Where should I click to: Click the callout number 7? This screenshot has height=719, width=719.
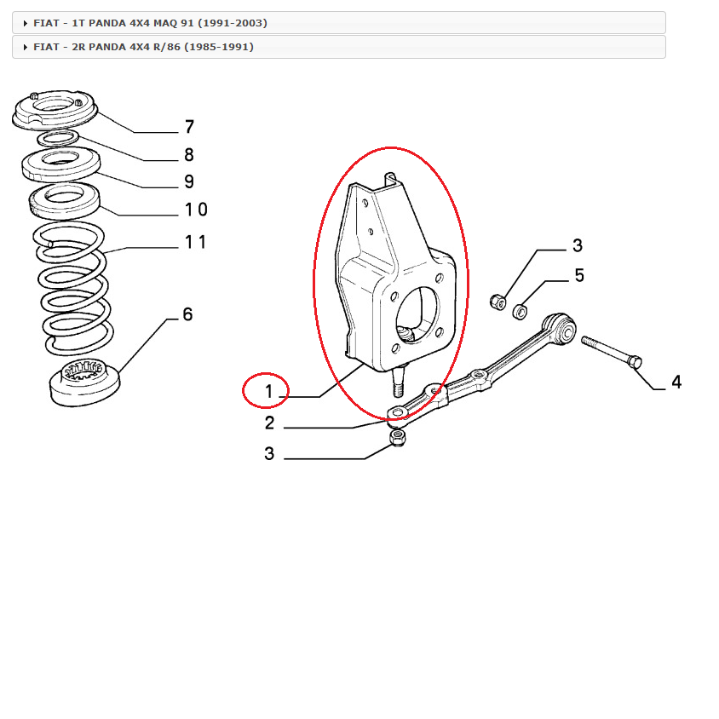189,128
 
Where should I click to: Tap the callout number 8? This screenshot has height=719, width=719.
188,155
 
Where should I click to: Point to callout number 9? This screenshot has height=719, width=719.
188,181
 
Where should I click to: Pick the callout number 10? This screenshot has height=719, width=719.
195,210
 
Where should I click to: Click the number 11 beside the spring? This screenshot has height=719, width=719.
195,242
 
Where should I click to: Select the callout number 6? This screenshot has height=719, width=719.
187,314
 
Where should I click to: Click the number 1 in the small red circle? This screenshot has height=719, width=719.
267,392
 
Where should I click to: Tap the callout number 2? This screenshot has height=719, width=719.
269,423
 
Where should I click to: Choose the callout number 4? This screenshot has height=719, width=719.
676,383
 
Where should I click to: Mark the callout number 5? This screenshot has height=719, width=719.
578,275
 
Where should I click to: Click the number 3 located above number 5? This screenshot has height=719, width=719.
577,246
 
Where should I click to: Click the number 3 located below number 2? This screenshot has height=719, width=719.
269,453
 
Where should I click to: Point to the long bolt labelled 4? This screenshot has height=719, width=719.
611,353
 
